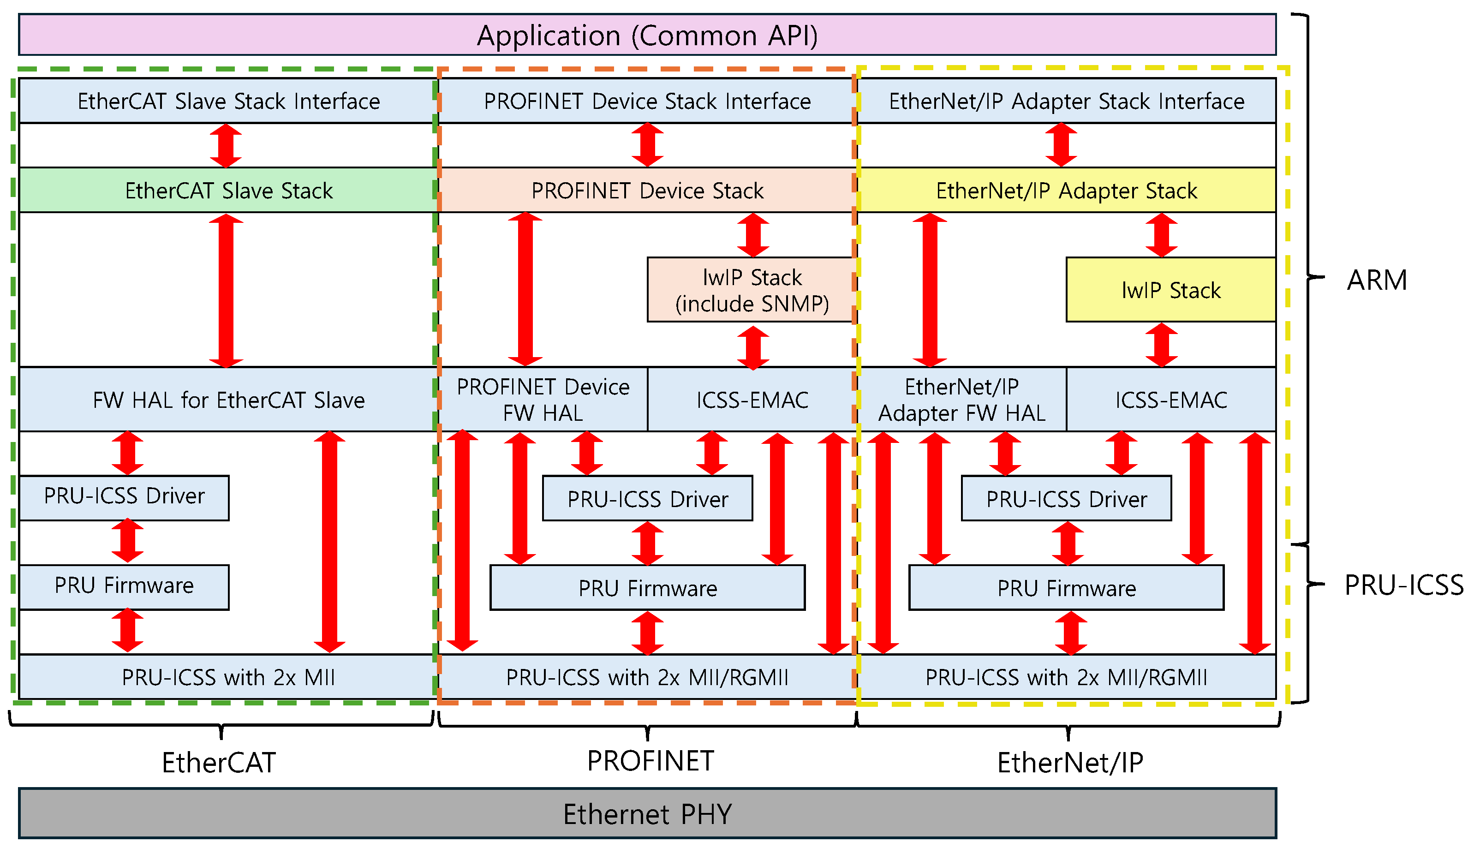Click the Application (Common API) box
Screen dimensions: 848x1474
pyautogui.click(x=646, y=35)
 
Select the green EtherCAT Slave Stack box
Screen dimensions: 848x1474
pyautogui.click(x=228, y=191)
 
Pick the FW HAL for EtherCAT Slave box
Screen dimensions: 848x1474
pyautogui.click(x=228, y=400)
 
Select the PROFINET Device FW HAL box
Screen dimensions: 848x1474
pyautogui.click(x=543, y=400)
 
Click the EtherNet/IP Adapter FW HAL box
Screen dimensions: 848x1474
pyautogui.click(x=961, y=400)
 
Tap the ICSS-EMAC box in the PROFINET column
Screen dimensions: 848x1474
pyautogui.click(x=752, y=400)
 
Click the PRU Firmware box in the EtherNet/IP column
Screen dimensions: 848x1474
pyautogui.click(x=1066, y=588)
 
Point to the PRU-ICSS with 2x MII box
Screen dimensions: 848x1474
pyautogui.click(x=228, y=677)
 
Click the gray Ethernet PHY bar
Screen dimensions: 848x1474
pyautogui.click(x=646, y=814)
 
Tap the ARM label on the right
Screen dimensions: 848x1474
pyautogui.click(x=1377, y=280)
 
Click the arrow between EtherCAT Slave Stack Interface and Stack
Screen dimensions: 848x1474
pyautogui.click(x=226, y=146)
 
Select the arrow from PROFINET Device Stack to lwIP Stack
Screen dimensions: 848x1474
pyautogui.click(x=753, y=235)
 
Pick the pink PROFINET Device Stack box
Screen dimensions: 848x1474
pyautogui.click(x=646, y=191)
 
